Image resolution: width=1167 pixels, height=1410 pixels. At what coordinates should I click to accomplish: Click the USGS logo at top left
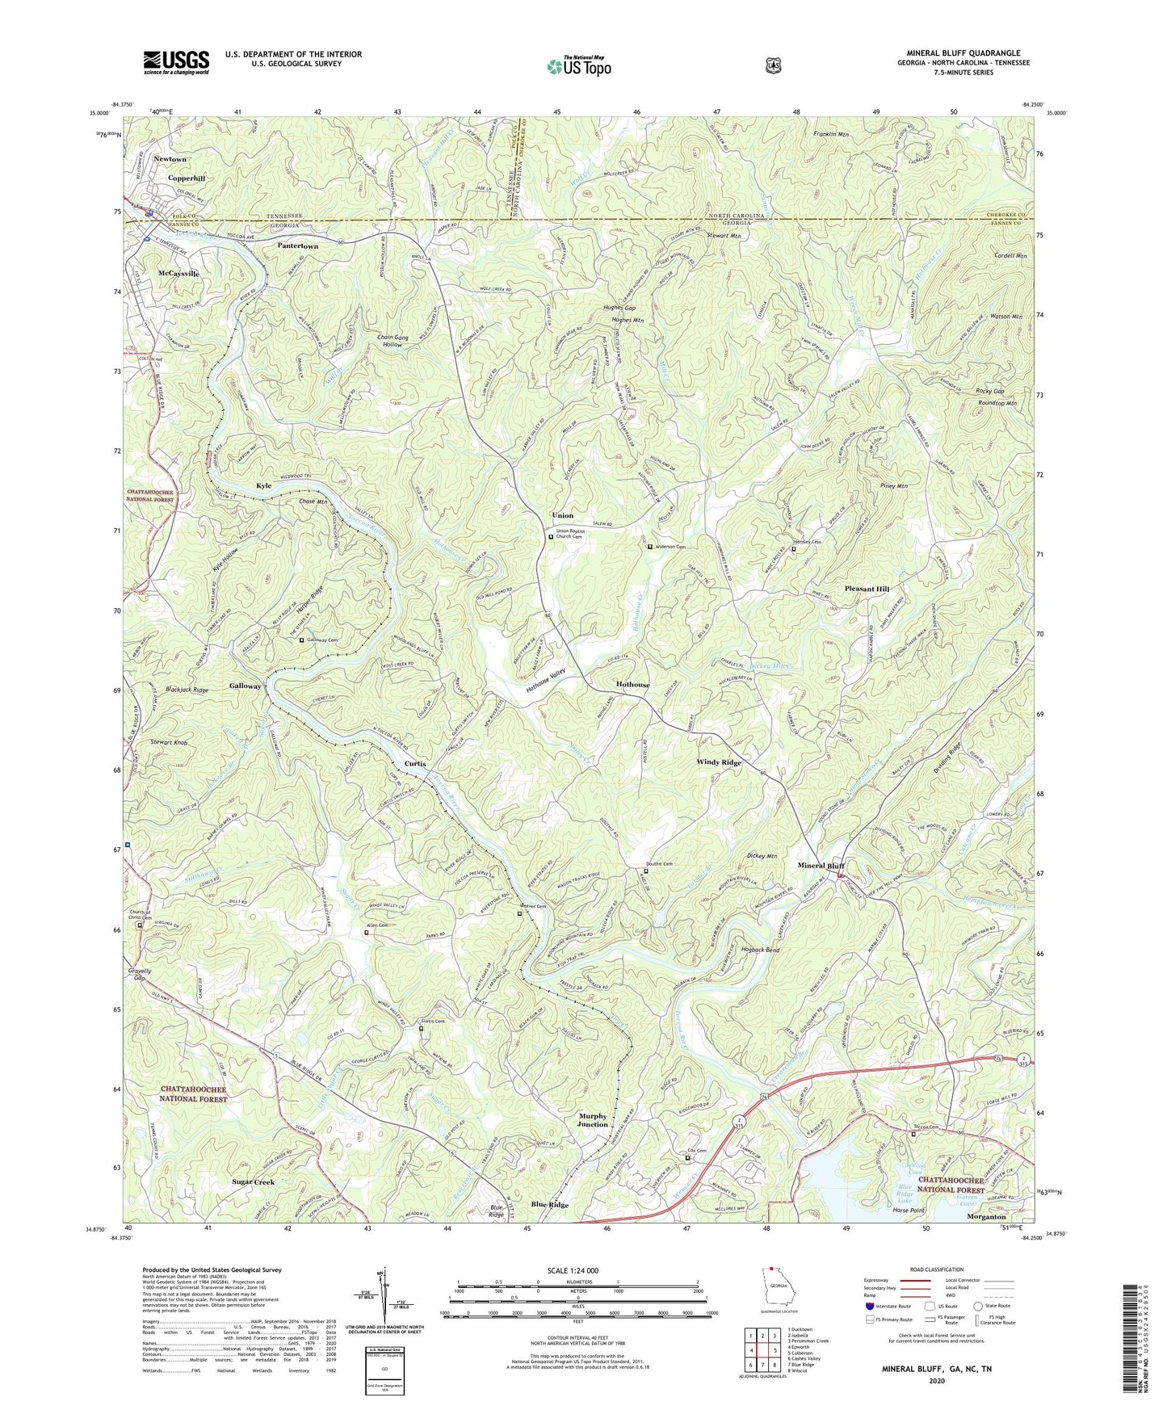click(x=176, y=62)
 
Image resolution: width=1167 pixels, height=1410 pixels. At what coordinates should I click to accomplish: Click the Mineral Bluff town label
click(x=816, y=866)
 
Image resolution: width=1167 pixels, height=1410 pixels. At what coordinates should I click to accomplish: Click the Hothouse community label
click(x=632, y=684)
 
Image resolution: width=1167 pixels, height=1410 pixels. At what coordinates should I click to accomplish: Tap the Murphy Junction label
click(x=593, y=1120)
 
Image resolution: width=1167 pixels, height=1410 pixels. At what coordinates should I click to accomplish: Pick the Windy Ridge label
click(x=719, y=762)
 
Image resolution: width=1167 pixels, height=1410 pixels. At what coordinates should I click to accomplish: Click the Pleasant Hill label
click(x=867, y=589)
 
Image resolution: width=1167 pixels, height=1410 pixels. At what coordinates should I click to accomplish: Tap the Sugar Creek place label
click(x=254, y=1181)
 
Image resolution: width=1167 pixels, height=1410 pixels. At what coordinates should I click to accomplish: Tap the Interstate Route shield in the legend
click(x=870, y=1306)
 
